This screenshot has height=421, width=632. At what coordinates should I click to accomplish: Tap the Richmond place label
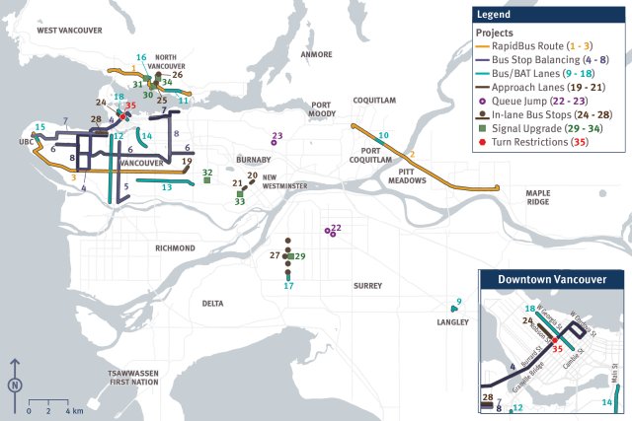175,248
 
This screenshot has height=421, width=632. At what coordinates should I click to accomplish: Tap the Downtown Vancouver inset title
552,281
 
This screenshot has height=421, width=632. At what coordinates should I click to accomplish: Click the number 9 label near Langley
458,301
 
